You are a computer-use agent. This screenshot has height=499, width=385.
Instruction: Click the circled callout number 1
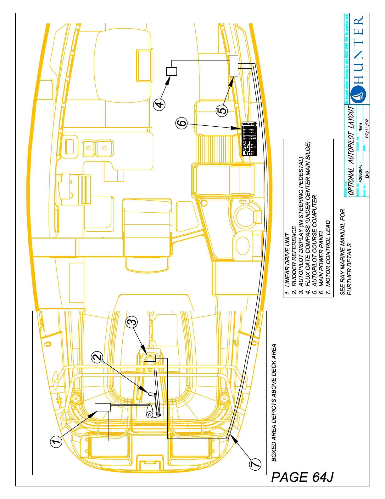(x=57, y=441)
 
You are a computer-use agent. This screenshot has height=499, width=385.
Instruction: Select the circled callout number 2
(x=97, y=357)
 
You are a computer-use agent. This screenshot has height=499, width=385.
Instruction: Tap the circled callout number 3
(x=132, y=322)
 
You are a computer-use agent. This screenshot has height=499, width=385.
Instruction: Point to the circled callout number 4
(x=160, y=104)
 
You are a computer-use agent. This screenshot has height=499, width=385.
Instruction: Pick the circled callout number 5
(x=222, y=111)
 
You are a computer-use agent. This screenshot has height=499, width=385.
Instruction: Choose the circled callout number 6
(x=182, y=122)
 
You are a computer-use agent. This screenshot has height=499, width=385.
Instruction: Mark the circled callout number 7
(x=255, y=464)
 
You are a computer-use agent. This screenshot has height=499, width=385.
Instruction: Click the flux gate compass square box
(x=171, y=72)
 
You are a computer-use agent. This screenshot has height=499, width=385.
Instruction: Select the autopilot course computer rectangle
(x=234, y=66)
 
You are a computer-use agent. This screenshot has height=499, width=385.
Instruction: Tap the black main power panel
(x=249, y=139)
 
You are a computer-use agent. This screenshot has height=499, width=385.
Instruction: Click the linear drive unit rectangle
(x=103, y=407)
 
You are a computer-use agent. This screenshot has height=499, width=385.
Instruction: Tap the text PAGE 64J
(x=302, y=477)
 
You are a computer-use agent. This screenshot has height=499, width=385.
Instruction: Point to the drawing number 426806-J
(x=360, y=172)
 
